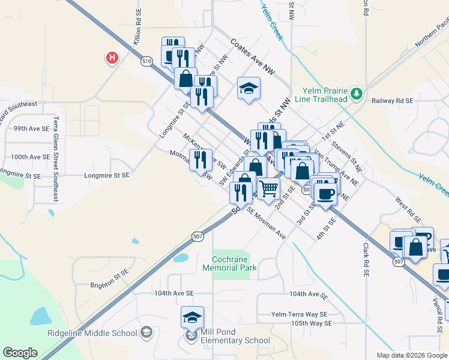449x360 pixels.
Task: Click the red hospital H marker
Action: click(112, 58)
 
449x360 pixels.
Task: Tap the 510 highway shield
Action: click(146, 61)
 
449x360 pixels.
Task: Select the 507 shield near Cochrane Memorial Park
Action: click(197, 236)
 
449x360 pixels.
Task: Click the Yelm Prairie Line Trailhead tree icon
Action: click(357, 93)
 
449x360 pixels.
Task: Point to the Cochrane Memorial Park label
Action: click(234, 263)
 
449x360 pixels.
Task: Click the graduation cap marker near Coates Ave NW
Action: click(249, 89)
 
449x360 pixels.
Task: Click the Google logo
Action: click(20, 353)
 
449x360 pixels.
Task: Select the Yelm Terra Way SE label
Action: click(299, 314)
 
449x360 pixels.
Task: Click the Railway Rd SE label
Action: click(393, 101)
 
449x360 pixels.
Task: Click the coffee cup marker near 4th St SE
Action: click(325, 194)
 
